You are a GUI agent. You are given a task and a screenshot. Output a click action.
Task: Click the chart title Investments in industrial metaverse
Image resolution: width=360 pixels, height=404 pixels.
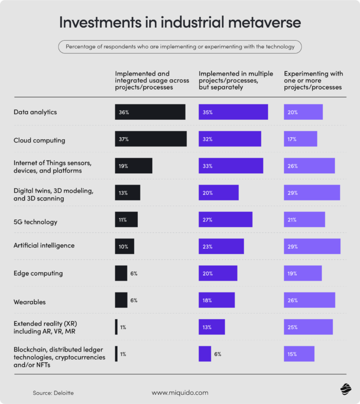pos(180,22)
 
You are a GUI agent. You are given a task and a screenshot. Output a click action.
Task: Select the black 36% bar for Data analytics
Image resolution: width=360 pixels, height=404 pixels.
pos(150,112)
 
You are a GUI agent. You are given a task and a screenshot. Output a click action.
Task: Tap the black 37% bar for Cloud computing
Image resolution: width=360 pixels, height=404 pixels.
pos(151,139)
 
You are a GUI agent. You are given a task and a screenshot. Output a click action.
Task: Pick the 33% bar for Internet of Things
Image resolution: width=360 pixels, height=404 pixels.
pos(231,166)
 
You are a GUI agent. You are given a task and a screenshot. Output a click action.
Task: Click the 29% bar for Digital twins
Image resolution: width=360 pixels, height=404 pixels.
pos(312,192)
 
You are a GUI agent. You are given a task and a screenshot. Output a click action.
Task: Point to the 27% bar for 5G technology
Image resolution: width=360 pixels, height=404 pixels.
pos(225,219)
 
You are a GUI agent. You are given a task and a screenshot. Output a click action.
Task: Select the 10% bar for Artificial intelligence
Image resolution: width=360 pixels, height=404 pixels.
pos(124,246)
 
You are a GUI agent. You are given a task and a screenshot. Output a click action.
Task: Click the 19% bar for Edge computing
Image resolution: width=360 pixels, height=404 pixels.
pos(302,273)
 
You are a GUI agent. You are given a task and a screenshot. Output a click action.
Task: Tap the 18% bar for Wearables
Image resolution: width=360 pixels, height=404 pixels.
pos(217,300)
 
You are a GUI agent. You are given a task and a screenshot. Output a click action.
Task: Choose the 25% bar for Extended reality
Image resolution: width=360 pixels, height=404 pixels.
pos(308,327)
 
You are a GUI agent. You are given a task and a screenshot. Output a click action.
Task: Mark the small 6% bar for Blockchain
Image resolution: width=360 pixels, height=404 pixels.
pos(205,354)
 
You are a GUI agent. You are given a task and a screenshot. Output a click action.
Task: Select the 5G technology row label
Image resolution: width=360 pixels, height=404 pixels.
pos(35,222)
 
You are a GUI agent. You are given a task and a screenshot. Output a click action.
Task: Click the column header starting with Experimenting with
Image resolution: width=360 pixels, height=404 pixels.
pos(313,80)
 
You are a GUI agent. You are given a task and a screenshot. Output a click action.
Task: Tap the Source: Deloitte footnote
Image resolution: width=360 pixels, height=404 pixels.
pos(53,393)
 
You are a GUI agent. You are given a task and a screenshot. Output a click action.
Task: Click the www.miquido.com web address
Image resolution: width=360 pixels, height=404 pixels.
pos(180,393)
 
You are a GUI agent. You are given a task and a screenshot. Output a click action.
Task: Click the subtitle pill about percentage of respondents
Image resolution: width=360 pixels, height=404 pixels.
pos(180,47)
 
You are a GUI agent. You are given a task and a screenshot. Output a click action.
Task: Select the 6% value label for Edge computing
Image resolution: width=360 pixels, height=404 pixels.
pos(134,273)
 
